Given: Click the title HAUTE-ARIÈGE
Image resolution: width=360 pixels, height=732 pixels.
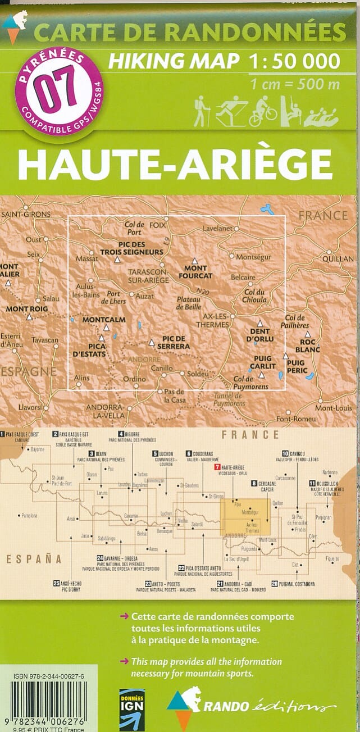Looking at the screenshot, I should click(175, 163).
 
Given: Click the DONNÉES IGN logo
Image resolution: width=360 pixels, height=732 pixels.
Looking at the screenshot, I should click(132, 709).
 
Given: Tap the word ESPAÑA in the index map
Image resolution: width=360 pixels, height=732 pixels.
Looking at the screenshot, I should click(34, 558).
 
